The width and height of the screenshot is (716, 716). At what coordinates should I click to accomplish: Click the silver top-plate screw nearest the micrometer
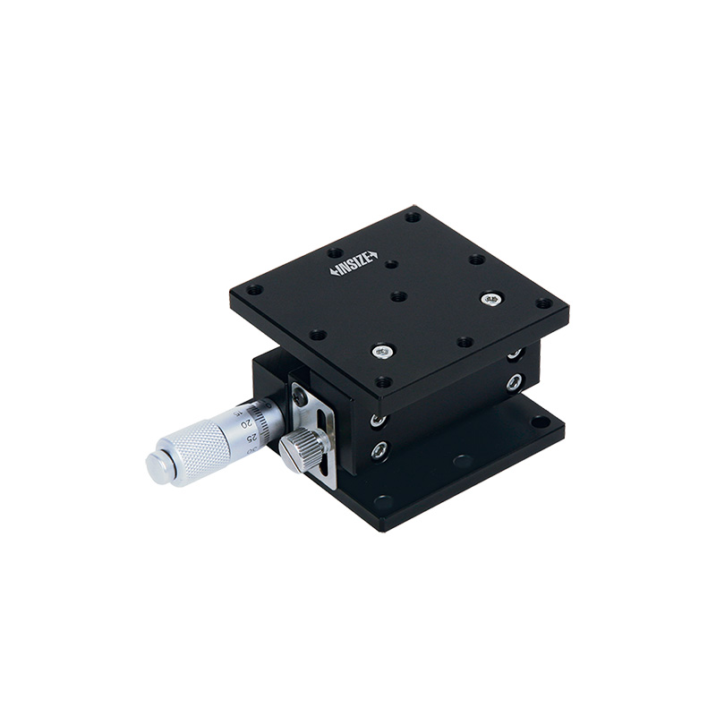click(x=383, y=351)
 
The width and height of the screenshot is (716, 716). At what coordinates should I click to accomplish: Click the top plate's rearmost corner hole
click(x=412, y=216)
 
